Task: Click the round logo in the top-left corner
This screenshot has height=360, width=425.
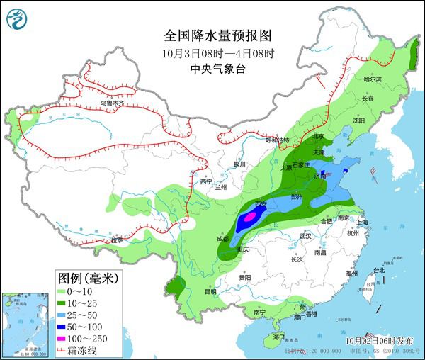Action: tap(16, 19)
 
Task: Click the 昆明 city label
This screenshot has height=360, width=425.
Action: tap(189, 291)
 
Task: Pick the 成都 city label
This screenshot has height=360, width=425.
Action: tap(222, 239)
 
